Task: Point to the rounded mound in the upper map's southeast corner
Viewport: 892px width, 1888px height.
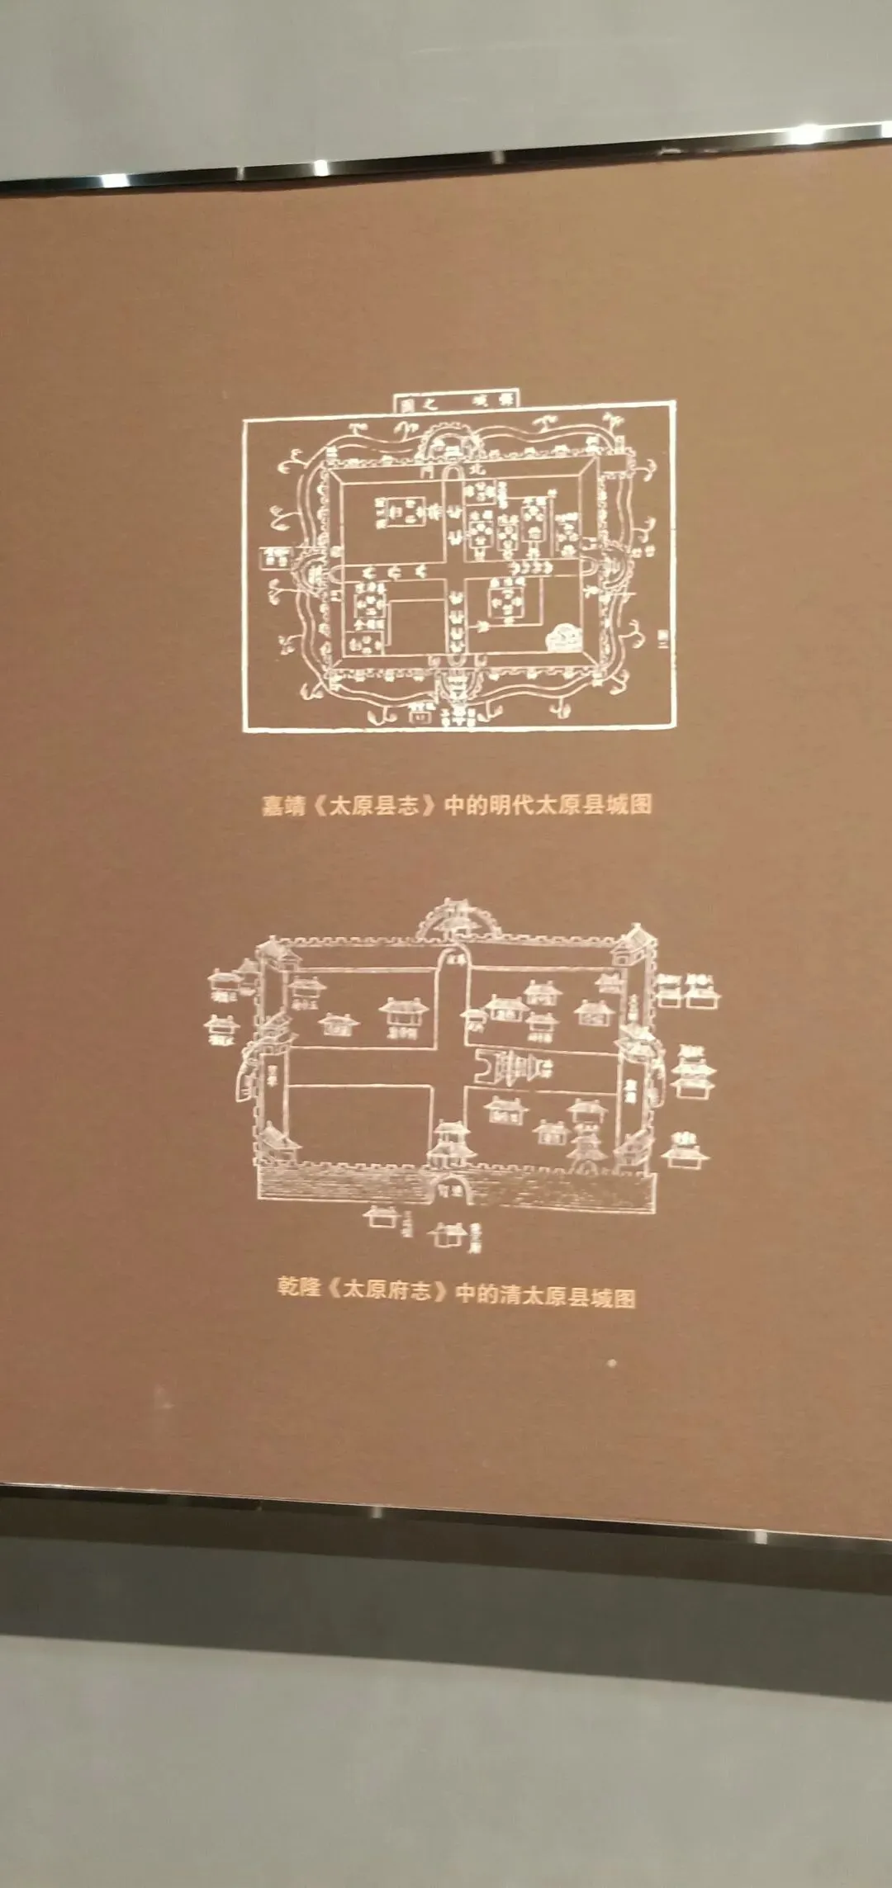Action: point(566,635)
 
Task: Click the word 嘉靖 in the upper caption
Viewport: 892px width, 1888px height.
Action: point(283,806)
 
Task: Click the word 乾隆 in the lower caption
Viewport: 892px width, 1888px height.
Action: point(298,1287)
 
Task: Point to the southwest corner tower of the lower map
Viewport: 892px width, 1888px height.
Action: point(278,1146)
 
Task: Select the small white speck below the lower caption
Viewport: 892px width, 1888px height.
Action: point(611,1363)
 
